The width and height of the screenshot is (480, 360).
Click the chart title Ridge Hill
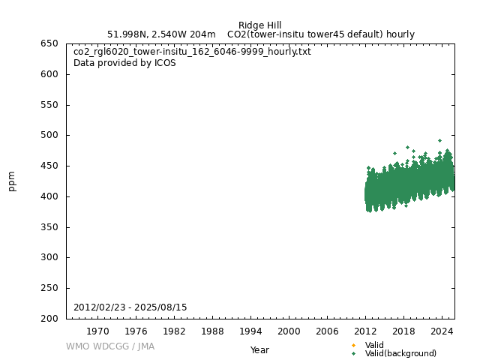pyautogui.click(x=260, y=25)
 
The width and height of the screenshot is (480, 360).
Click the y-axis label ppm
pyautogui.click(x=12, y=181)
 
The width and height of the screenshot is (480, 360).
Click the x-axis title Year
pyautogui.click(x=259, y=350)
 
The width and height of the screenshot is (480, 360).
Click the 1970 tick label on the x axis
pyautogui.click(x=97, y=331)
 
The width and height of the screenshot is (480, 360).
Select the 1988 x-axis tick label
pyautogui.click(x=212, y=331)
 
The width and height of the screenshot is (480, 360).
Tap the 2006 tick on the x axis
pyautogui.click(x=327, y=331)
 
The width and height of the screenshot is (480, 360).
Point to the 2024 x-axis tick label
pyautogui.click(x=442, y=331)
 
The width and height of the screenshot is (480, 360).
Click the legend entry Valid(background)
pyautogui.click(x=400, y=353)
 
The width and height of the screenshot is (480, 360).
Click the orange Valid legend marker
pyautogui.click(x=353, y=346)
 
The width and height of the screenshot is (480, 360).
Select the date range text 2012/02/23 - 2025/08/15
pyautogui.click(x=130, y=307)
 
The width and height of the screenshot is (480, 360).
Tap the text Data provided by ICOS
pyautogui.click(x=124, y=63)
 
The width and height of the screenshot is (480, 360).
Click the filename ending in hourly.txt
pyautogui.click(x=192, y=52)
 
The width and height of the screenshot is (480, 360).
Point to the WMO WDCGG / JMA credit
pyautogui.click(x=110, y=346)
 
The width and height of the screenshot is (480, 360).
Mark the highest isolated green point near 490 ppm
pyautogui.click(x=439, y=140)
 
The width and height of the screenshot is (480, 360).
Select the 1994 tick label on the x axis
pyautogui.click(x=250, y=331)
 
